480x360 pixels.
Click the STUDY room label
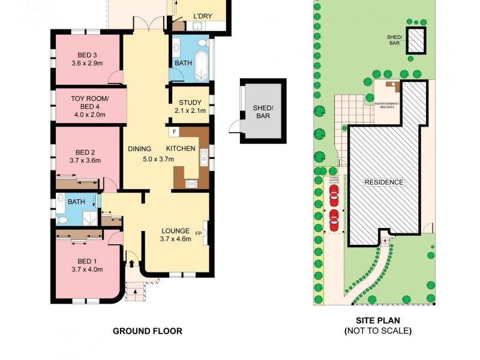190,102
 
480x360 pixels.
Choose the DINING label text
139,149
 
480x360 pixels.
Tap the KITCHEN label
181,149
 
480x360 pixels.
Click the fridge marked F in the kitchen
174,131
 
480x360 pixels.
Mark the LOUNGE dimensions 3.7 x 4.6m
175,239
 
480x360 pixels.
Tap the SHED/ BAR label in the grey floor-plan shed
263,112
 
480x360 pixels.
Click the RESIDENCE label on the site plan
385,182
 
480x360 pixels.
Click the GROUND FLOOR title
148,331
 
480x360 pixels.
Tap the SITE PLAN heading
377,321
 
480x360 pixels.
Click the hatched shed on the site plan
416,41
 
